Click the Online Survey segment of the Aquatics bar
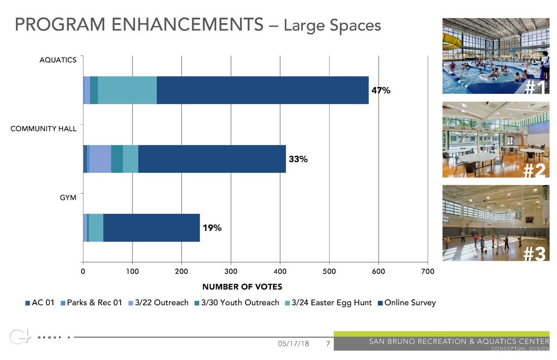coord(263,90)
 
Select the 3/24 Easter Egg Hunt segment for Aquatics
coord(127,90)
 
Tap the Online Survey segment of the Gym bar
coord(151,228)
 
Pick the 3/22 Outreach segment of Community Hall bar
coord(100,159)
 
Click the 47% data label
coord(381,91)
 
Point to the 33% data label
coord(298,160)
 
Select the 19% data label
coord(212,228)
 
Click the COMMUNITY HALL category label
coord(44,129)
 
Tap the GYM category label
coord(68,198)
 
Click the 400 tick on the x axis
coord(280,272)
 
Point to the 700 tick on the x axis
coord(427,272)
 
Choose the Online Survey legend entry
coord(407,303)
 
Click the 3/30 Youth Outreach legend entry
coord(237,303)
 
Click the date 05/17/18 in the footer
coord(293,344)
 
